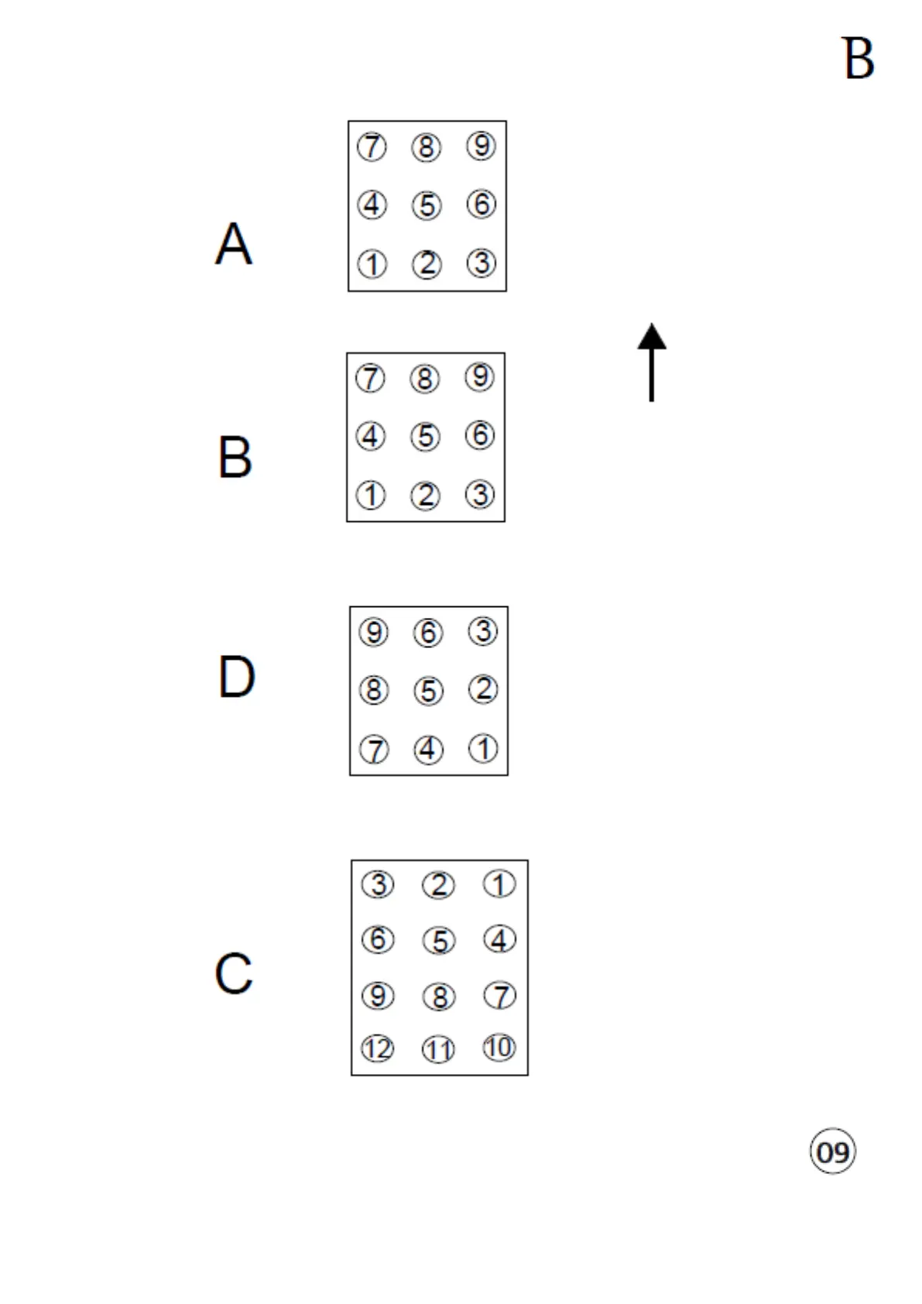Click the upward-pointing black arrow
652,362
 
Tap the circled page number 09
833,1151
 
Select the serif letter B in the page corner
858,58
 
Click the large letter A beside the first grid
233,244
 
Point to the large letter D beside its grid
236,676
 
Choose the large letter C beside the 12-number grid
234,973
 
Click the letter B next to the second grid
235,457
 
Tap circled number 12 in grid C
378,1049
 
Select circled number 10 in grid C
499,1048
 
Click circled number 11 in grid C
438,1050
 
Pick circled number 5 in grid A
427,206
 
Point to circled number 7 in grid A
372,146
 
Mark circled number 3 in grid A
482,263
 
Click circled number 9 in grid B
479,377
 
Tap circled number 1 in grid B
371,495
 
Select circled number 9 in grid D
374,633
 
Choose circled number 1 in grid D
484,749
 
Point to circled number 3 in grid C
378,884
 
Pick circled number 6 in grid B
480,435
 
